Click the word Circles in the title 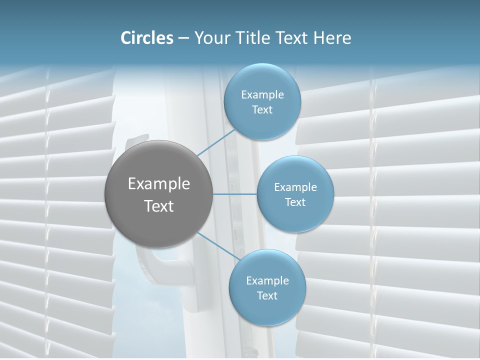pyautogui.click(x=147, y=38)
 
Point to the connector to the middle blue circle pyautogui.click(x=235, y=194)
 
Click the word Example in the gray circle pyautogui.click(x=159, y=184)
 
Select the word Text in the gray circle pyautogui.click(x=159, y=206)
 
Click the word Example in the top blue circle pyautogui.click(x=262, y=95)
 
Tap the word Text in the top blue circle pyautogui.click(x=262, y=110)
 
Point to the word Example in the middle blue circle pyautogui.click(x=295, y=187)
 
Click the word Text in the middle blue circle pyautogui.click(x=295, y=202)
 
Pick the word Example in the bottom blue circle pyautogui.click(x=267, y=281)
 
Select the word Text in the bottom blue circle pyautogui.click(x=267, y=296)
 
